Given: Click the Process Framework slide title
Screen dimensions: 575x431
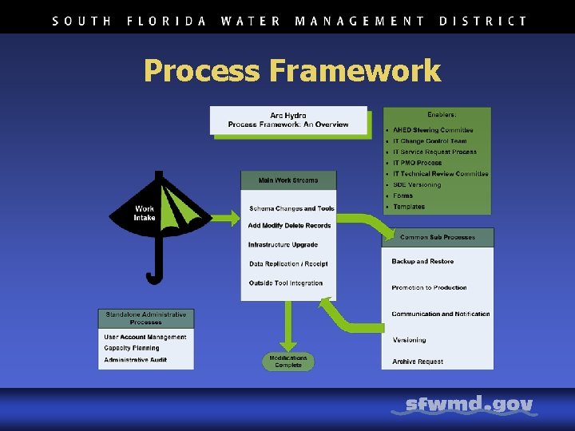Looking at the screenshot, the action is pos(291,71).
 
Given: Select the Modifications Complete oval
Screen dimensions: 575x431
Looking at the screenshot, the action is pos(287,362).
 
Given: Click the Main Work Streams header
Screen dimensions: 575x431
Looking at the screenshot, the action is pos(288,180).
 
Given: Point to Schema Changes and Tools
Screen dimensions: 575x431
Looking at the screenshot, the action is pos(291,209).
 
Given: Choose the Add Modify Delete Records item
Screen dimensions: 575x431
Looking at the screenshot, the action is pos(289,226).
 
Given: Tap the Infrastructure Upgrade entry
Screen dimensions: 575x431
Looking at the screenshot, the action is pos(283,245).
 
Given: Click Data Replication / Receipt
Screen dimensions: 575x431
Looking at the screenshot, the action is pos(288,264).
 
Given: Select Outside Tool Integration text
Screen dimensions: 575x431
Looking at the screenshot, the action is pos(286,283).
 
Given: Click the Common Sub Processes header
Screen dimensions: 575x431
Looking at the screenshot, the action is pos(438,237).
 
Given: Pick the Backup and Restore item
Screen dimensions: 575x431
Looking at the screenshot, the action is pos(422,262).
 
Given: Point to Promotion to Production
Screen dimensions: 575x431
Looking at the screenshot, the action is pos(429,287).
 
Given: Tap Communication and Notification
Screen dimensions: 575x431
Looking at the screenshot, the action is pos(441,314).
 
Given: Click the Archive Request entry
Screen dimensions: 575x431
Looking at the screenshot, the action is pos(418,362).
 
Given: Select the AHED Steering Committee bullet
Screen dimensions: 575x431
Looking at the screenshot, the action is pos(433,130).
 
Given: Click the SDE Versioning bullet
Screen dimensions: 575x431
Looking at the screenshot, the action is pos(417,185).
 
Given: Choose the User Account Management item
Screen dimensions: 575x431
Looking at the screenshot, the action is pos(145,337).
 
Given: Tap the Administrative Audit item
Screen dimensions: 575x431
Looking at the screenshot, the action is pos(138,360).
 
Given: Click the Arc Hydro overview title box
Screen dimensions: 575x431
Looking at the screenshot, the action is pos(288,121).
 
